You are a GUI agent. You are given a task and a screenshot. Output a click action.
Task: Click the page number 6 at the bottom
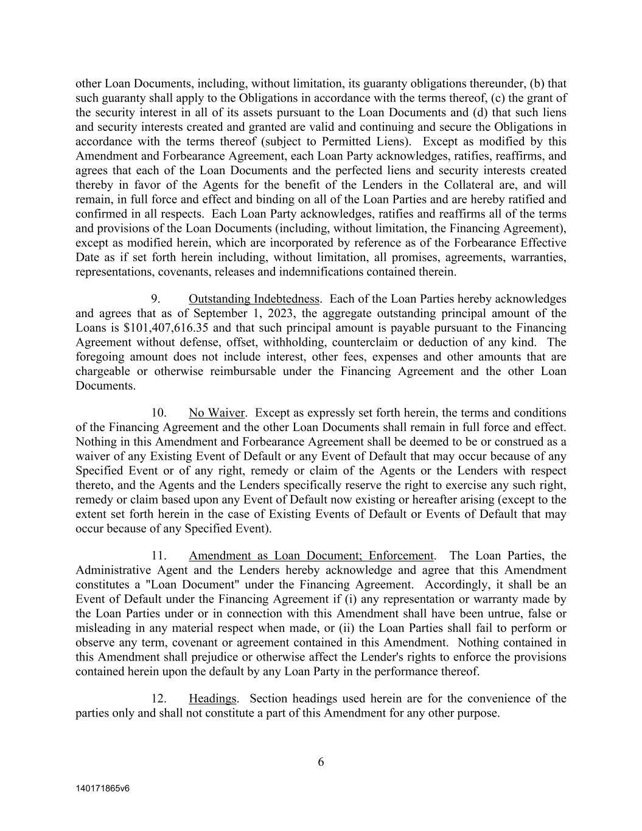pos(321,762)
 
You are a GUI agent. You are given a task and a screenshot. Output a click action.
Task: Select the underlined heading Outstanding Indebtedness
pos(254,299)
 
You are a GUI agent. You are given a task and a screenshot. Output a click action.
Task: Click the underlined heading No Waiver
pos(217,413)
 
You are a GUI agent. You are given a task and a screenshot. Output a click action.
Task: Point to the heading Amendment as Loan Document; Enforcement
pos(311,556)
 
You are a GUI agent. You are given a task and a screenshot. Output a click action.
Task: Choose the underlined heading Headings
pos(212,698)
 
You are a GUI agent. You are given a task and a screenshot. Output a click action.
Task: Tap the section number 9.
pos(156,299)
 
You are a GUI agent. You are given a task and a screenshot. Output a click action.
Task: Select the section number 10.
pos(159,413)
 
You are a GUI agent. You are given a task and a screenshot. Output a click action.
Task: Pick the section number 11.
pos(159,556)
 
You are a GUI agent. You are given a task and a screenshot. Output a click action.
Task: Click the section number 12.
pos(159,698)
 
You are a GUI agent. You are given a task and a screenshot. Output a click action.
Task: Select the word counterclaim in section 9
pos(365,343)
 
